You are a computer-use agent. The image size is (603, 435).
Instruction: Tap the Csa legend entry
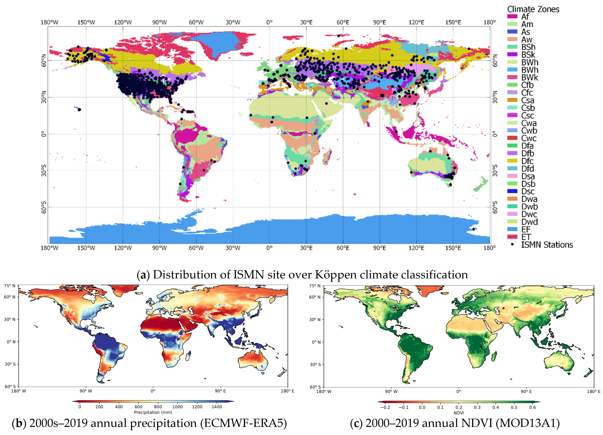pos(527,100)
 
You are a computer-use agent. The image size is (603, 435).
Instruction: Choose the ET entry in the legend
pos(526,237)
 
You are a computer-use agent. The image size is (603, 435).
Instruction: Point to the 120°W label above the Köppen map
pos(123,22)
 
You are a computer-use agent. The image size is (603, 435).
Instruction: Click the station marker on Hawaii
pos(79,109)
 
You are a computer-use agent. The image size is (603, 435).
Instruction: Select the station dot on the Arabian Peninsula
pos(326,103)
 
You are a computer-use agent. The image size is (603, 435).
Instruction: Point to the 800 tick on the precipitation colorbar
pos(158,407)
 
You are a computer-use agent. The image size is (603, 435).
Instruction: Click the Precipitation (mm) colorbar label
pos(153,412)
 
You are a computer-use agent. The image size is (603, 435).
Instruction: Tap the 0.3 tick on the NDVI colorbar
pos(477,407)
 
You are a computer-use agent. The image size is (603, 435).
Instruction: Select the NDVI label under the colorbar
pos(459,413)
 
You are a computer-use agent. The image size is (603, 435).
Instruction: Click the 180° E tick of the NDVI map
pos(593,391)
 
